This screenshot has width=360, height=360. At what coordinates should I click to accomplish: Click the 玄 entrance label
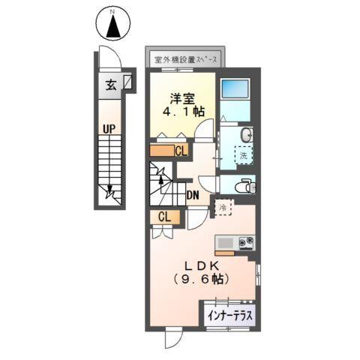click(110, 83)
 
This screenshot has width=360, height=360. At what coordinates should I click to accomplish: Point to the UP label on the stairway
click(109, 129)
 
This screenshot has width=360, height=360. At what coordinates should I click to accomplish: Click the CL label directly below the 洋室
click(181, 151)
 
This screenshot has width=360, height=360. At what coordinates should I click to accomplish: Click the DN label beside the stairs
click(193, 196)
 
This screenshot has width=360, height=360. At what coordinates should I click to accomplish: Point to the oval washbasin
click(247, 134)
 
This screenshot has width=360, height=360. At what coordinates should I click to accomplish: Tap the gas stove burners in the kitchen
click(245, 242)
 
